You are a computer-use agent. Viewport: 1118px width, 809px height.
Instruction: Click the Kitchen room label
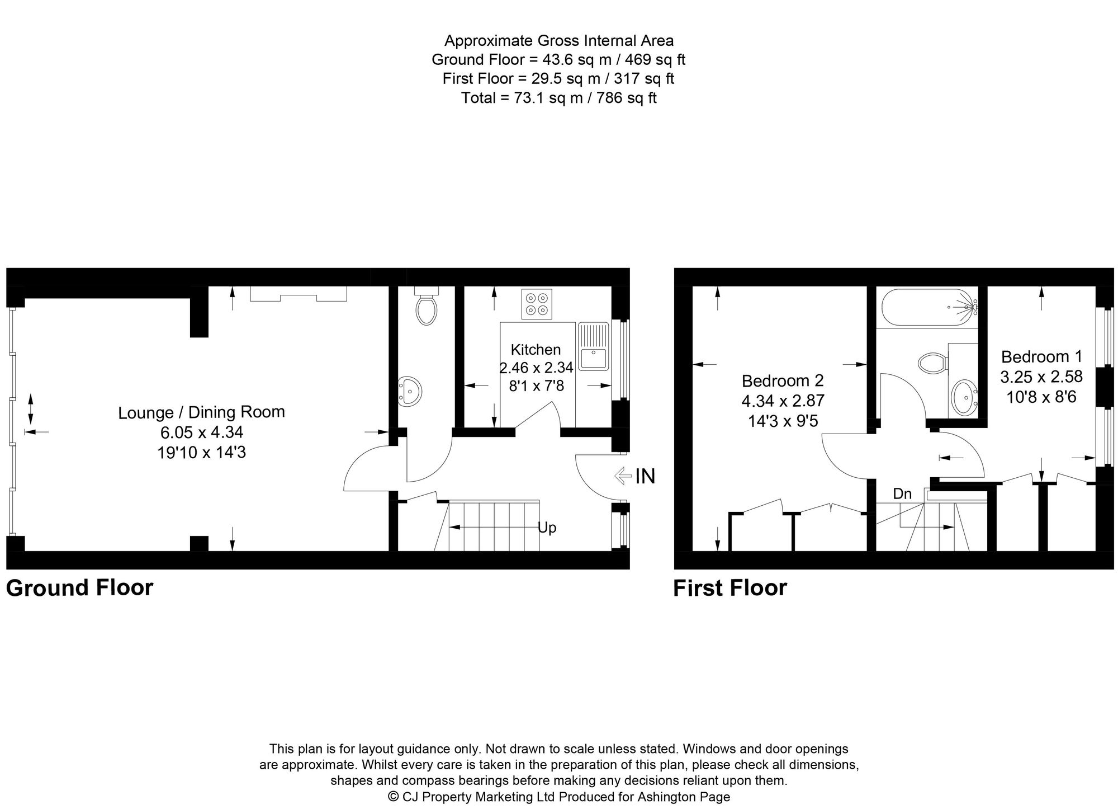536,350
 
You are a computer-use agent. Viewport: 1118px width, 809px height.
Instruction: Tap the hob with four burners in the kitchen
537,304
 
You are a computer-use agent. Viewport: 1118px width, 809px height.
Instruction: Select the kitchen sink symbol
593,346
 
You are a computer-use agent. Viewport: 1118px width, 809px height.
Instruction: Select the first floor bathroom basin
964,397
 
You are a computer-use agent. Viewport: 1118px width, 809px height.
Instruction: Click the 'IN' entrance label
645,476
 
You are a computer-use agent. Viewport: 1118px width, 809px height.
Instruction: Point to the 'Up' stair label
547,528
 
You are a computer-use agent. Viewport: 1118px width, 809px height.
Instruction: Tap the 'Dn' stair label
902,493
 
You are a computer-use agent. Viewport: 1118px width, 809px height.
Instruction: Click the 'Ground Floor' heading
79,588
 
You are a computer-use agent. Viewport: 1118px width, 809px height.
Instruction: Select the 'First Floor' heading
730,588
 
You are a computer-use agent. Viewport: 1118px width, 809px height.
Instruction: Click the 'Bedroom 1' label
1041,356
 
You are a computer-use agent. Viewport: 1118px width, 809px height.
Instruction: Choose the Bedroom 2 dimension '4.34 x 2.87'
783,401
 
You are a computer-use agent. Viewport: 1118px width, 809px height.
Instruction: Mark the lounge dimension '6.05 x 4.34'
202,432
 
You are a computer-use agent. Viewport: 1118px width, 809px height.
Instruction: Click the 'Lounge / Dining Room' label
202,412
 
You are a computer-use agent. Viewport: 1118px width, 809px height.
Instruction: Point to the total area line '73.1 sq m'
559,98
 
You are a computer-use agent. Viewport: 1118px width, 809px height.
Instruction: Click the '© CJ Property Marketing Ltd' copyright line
559,797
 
